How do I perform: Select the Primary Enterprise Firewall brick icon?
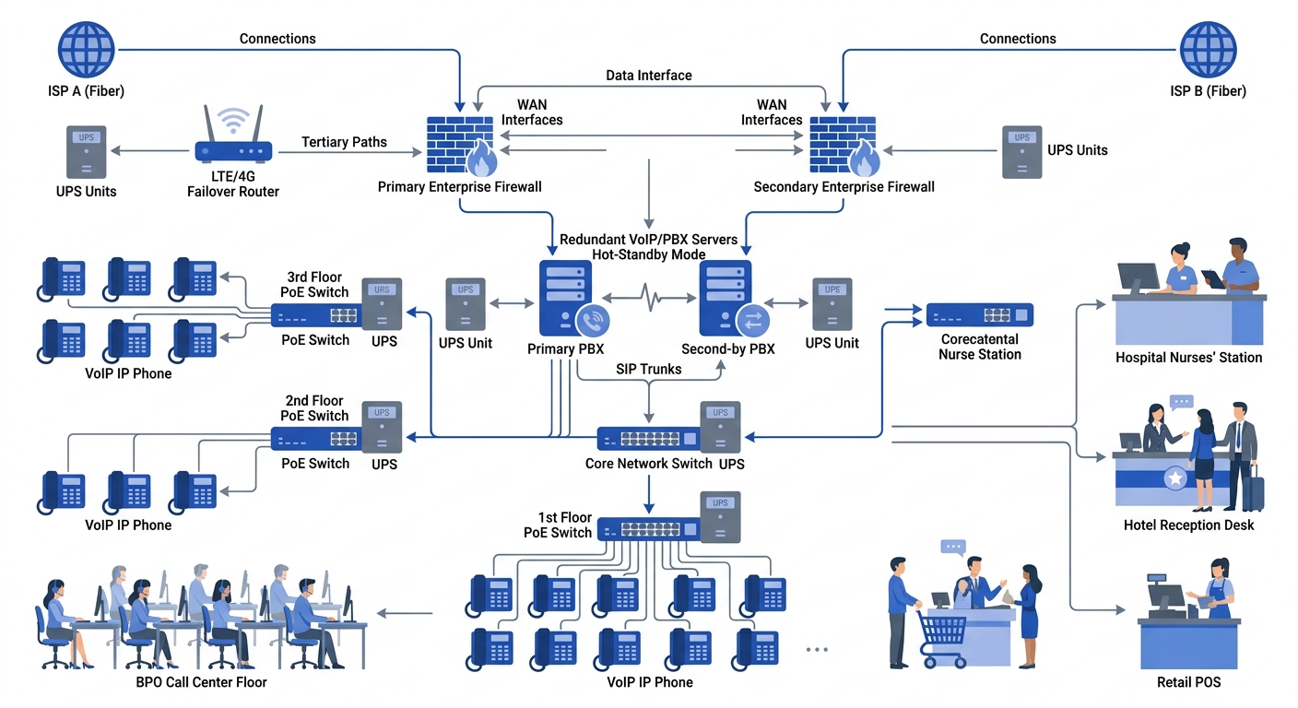pos(459,146)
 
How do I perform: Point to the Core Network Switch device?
pos(647,439)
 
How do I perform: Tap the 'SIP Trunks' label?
pos(648,369)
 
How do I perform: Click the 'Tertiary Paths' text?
pos(344,142)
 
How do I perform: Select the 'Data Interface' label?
pos(648,75)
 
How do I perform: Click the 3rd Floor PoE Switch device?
pos(315,315)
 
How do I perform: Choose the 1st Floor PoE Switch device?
pos(648,529)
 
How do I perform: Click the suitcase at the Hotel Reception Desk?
pos(1253,487)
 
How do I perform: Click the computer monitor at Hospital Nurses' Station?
pos(1138,277)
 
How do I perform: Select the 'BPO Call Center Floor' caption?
pos(200,682)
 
